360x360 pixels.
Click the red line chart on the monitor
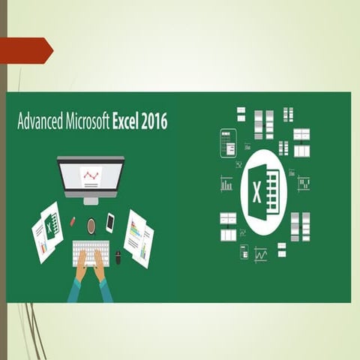tap(91, 176)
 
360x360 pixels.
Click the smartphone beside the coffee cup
tap(110, 222)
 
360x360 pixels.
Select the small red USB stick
tap(73, 222)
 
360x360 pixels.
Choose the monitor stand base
tap(91, 200)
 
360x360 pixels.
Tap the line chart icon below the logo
tap(260, 254)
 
